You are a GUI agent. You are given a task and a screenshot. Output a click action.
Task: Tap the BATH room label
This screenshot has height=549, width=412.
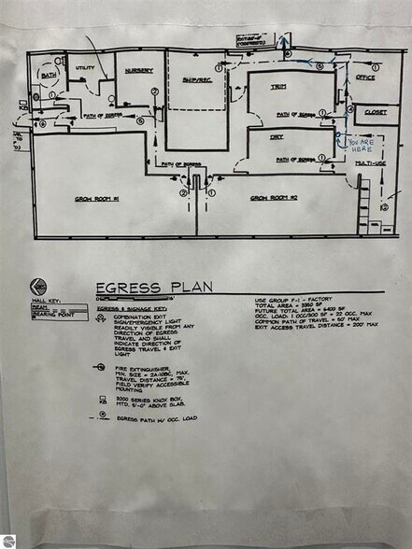point(47,74)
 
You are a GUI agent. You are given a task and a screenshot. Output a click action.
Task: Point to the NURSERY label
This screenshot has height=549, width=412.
point(139,68)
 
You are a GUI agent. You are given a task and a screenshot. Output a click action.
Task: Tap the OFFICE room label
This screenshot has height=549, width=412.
point(365,77)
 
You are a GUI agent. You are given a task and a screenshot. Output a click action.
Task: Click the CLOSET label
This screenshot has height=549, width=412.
point(376,112)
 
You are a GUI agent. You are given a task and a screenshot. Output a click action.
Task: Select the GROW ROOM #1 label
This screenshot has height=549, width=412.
point(96,198)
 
